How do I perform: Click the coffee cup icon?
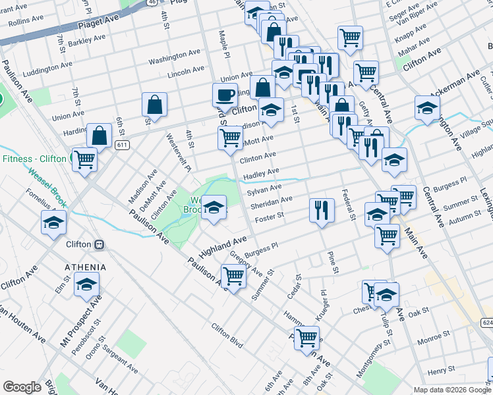click(225, 95)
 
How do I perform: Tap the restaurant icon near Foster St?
click(320, 210)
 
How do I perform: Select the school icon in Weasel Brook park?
click(214, 207)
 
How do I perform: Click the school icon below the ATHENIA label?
click(86, 285)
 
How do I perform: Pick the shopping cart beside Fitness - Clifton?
click(84, 159)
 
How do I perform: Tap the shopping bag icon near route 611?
click(99, 136)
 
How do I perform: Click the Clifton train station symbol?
click(99, 244)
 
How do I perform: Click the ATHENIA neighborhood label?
click(85, 267)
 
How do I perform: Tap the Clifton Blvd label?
click(227, 336)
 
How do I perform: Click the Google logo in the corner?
click(22, 387)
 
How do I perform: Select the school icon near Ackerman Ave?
click(427, 108)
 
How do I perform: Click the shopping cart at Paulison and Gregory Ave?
click(233, 276)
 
